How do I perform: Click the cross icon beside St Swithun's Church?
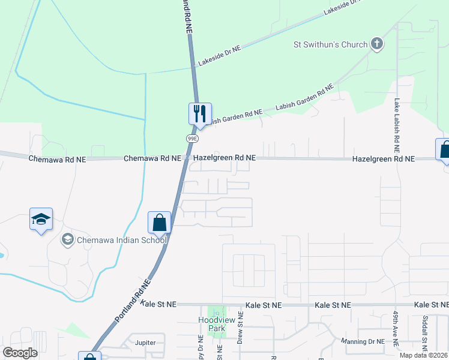[377, 43]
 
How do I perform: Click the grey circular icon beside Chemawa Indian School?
[67, 240]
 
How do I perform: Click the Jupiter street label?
[146, 343]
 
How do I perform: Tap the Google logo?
[20, 352]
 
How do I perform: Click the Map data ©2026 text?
[423, 355]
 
